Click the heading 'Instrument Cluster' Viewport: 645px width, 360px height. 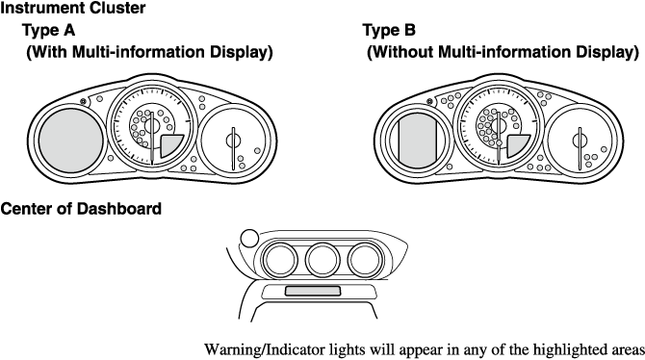pyautogui.click(x=72, y=8)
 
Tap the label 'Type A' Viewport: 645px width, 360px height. pyautogui.click(x=48, y=31)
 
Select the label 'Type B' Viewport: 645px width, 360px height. pyautogui.click(x=389, y=31)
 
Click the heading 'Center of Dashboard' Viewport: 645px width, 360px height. pyautogui.click(x=81, y=209)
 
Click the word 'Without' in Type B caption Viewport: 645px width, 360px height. pyautogui.click(x=401, y=52)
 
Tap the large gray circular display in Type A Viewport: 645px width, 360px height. pyautogui.click(x=70, y=141)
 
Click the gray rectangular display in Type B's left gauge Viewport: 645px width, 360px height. pyautogui.click(x=418, y=141)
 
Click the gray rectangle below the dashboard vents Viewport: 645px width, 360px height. pyautogui.click(x=313, y=291)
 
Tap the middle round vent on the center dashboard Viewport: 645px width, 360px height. pyautogui.click(x=322, y=260)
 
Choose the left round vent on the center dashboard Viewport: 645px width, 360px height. pyautogui.click(x=280, y=260)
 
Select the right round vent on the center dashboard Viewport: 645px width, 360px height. pyautogui.click(x=365, y=260)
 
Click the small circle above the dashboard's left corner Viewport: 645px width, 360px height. pyautogui.click(x=249, y=238)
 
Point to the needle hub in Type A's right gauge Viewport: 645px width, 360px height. pyautogui.click(x=233, y=141)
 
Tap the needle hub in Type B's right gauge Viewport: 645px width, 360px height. pyautogui.click(x=580, y=141)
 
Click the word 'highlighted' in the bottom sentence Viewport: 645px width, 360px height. pyautogui.click(x=569, y=350)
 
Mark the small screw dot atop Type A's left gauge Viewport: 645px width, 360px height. pyautogui.click(x=84, y=101)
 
